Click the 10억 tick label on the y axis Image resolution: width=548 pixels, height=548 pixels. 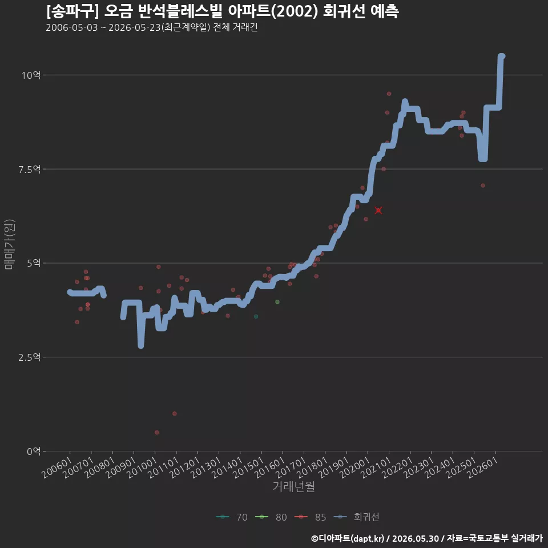[x=31, y=75]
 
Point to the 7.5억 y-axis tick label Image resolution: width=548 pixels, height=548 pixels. [x=30, y=170]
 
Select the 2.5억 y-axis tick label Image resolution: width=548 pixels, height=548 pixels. [x=30, y=357]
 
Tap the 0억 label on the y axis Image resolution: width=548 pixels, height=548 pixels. [x=34, y=451]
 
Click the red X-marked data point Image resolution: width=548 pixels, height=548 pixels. [x=378, y=211]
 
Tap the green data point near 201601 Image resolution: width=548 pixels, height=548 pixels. [x=277, y=301]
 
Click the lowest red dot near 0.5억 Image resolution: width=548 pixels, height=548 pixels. [x=157, y=432]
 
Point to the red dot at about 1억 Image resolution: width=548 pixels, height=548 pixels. [x=175, y=413]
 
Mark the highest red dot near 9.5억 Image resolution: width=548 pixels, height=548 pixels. [x=389, y=94]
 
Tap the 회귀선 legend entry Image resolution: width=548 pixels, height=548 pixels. [x=356, y=517]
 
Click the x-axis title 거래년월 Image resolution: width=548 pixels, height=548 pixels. [x=293, y=486]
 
